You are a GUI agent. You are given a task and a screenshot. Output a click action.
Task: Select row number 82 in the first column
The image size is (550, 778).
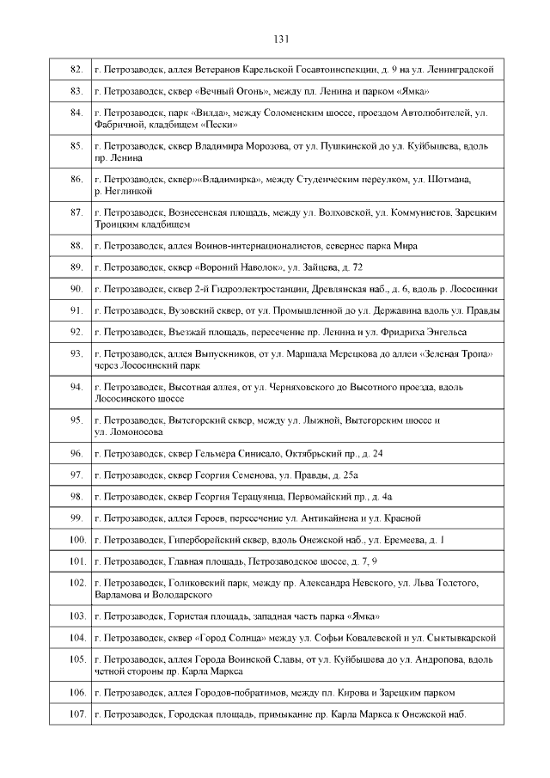pyautogui.click(x=76, y=69)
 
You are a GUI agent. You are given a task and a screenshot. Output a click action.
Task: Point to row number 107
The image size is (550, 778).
pyautogui.click(x=76, y=714)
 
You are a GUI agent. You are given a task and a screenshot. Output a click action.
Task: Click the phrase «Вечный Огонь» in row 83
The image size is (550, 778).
pyautogui.click(x=231, y=91)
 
